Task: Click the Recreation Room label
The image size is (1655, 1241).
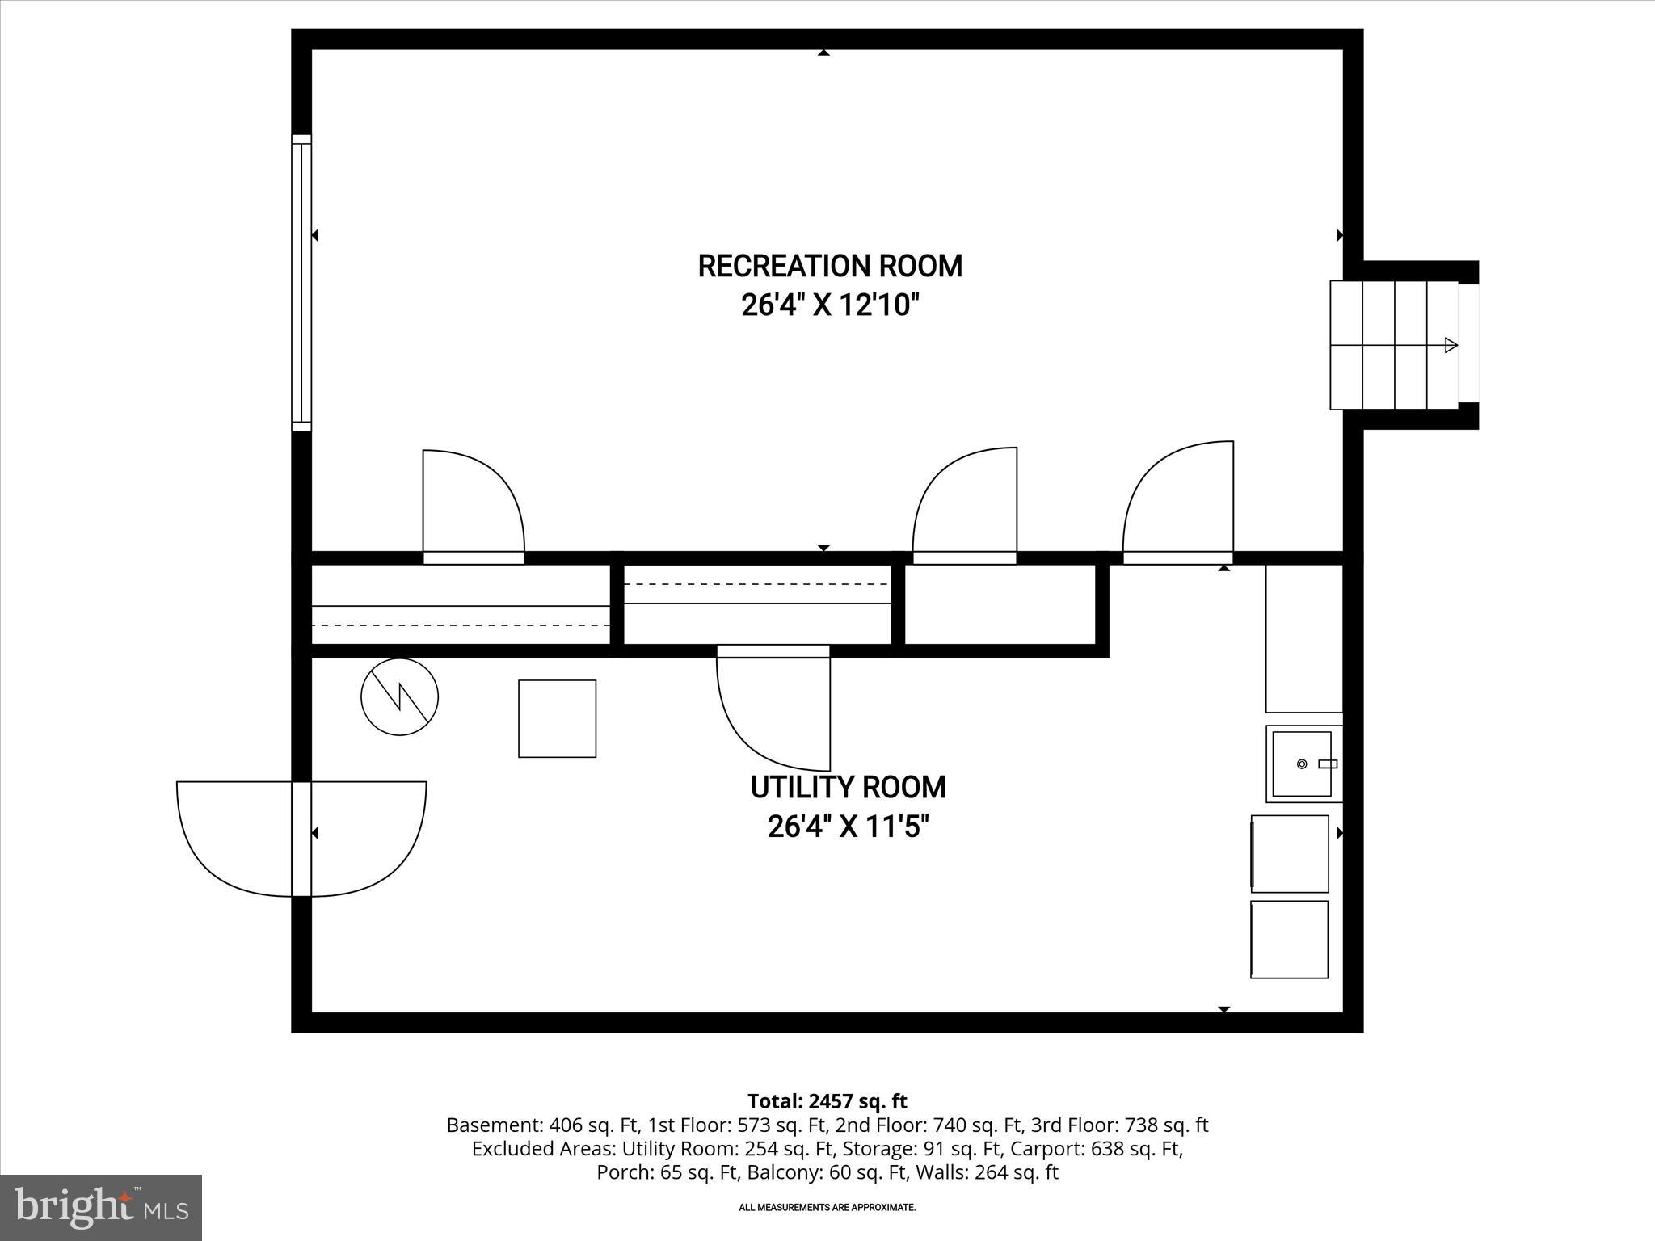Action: tap(830, 266)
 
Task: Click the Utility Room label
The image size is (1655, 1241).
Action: tap(848, 787)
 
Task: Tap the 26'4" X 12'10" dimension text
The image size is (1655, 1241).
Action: tap(830, 305)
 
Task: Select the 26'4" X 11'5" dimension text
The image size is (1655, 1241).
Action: tap(848, 827)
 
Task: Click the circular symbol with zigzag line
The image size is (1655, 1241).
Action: tap(399, 696)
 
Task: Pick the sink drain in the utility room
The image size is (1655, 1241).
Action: tap(1301, 764)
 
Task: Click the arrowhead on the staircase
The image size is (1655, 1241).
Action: tap(1451, 345)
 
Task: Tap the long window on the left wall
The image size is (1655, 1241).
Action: tap(301, 283)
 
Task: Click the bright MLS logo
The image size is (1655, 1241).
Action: tap(100, 1207)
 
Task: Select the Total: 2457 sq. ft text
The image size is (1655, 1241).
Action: tap(827, 1101)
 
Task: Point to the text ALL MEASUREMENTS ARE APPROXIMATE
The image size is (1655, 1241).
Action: tap(827, 1207)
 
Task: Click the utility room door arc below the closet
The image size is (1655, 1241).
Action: tap(768, 715)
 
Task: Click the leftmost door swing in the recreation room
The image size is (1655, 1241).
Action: tap(477, 501)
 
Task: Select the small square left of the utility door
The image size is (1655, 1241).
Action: tap(557, 718)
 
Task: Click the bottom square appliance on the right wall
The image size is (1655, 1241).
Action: tap(1289, 939)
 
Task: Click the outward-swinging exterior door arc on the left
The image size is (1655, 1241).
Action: tap(234, 840)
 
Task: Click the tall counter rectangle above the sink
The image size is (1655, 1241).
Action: tap(1303, 637)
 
